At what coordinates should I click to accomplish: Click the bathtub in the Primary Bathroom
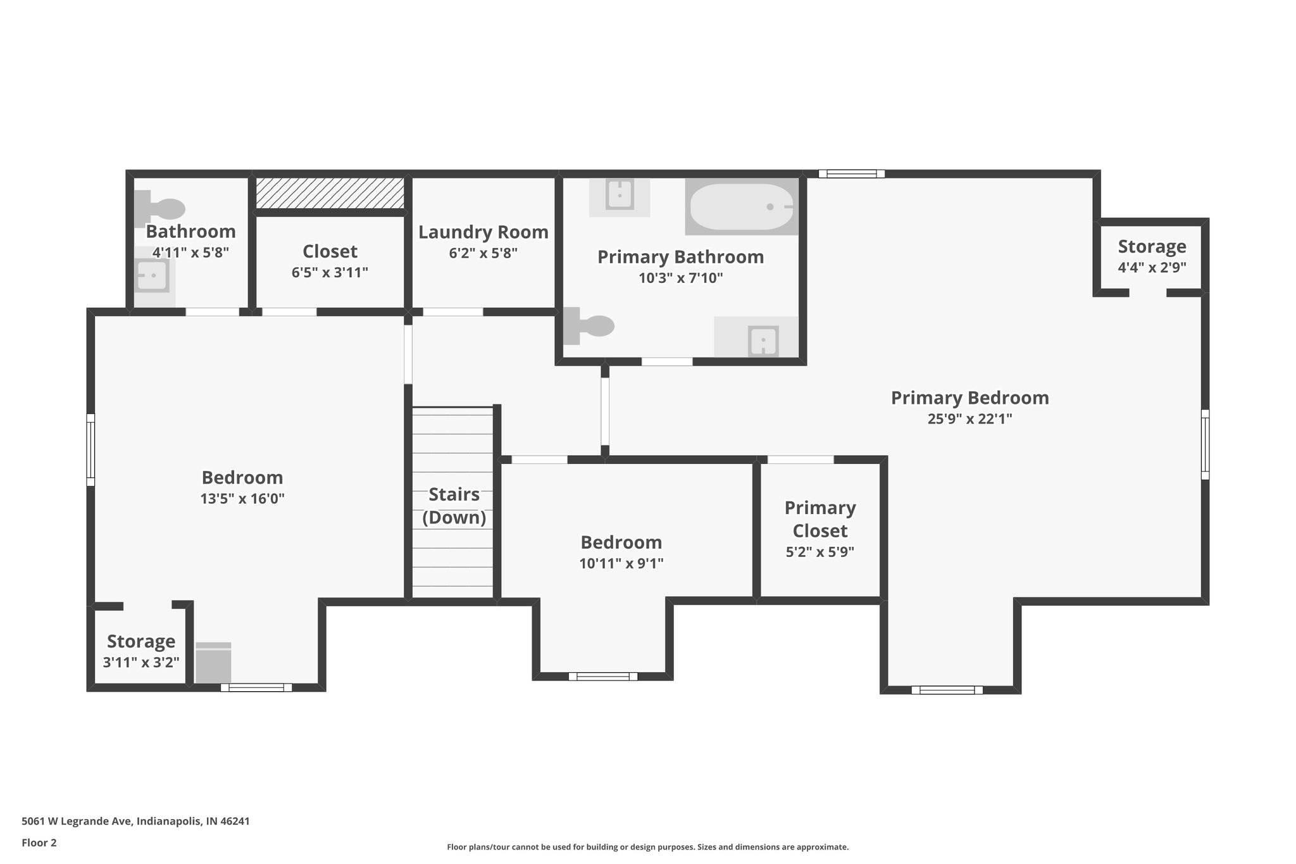tap(741, 207)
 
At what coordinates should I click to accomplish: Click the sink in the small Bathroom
tap(153, 276)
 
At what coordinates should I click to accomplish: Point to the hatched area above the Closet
tap(330, 192)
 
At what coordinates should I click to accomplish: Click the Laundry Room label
tap(483, 232)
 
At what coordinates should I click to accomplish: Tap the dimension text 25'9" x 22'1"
tap(969, 418)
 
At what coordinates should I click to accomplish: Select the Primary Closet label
tap(819, 519)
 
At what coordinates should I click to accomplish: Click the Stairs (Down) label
tap(454, 505)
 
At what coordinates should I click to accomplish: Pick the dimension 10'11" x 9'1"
tap(621, 563)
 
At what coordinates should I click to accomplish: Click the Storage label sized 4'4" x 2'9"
tap(1151, 246)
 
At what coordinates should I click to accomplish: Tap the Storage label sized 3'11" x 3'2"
tap(140, 641)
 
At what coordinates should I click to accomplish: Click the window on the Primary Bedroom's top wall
tap(851, 173)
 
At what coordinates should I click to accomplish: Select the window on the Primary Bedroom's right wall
tap(1205, 444)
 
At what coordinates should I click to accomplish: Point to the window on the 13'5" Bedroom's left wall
tap(90, 449)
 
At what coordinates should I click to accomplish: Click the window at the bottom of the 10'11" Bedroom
tap(603, 676)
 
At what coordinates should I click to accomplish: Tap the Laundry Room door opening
tap(452, 311)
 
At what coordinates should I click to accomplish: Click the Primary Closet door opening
tap(800, 460)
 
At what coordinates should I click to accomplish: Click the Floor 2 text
tap(39, 842)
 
